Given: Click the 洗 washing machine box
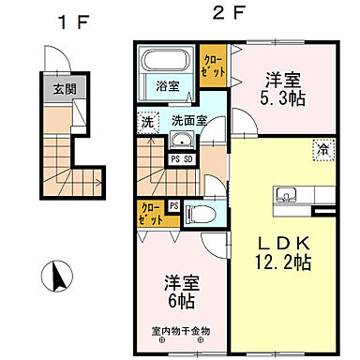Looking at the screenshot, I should [x=148, y=122].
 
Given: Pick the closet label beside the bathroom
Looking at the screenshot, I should [x=213, y=67].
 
